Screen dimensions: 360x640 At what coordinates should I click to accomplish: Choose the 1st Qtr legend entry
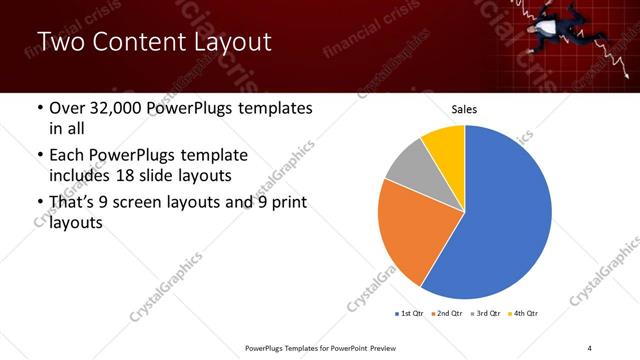click(410, 314)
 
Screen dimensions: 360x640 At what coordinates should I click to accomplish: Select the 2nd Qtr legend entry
click(446, 314)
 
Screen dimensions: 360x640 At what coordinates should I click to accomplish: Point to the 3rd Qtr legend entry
click(484, 314)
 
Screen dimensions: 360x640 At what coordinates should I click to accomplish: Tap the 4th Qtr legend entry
click(523, 314)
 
